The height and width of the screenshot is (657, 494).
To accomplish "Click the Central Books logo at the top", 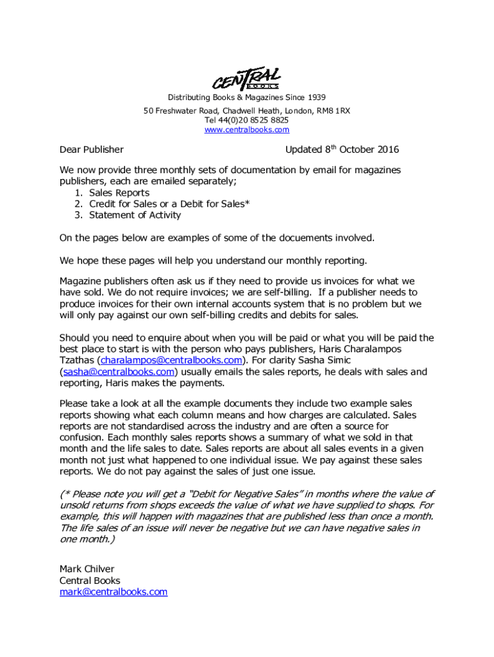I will click(x=246, y=78).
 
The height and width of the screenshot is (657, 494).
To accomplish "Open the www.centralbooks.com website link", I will click(x=246, y=130).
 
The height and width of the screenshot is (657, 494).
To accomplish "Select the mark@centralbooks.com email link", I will click(x=114, y=592).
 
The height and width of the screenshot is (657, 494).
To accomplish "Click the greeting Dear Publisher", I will click(x=91, y=149).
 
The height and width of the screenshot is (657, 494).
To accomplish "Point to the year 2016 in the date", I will click(x=386, y=149).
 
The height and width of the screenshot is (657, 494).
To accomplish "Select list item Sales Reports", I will click(x=119, y=192).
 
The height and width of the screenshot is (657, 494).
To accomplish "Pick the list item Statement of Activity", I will click(x=135, y=216).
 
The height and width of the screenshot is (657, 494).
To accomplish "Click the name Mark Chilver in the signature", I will click(x=87, y=569).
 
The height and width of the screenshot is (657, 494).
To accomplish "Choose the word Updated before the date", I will click(x=303, y=149).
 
